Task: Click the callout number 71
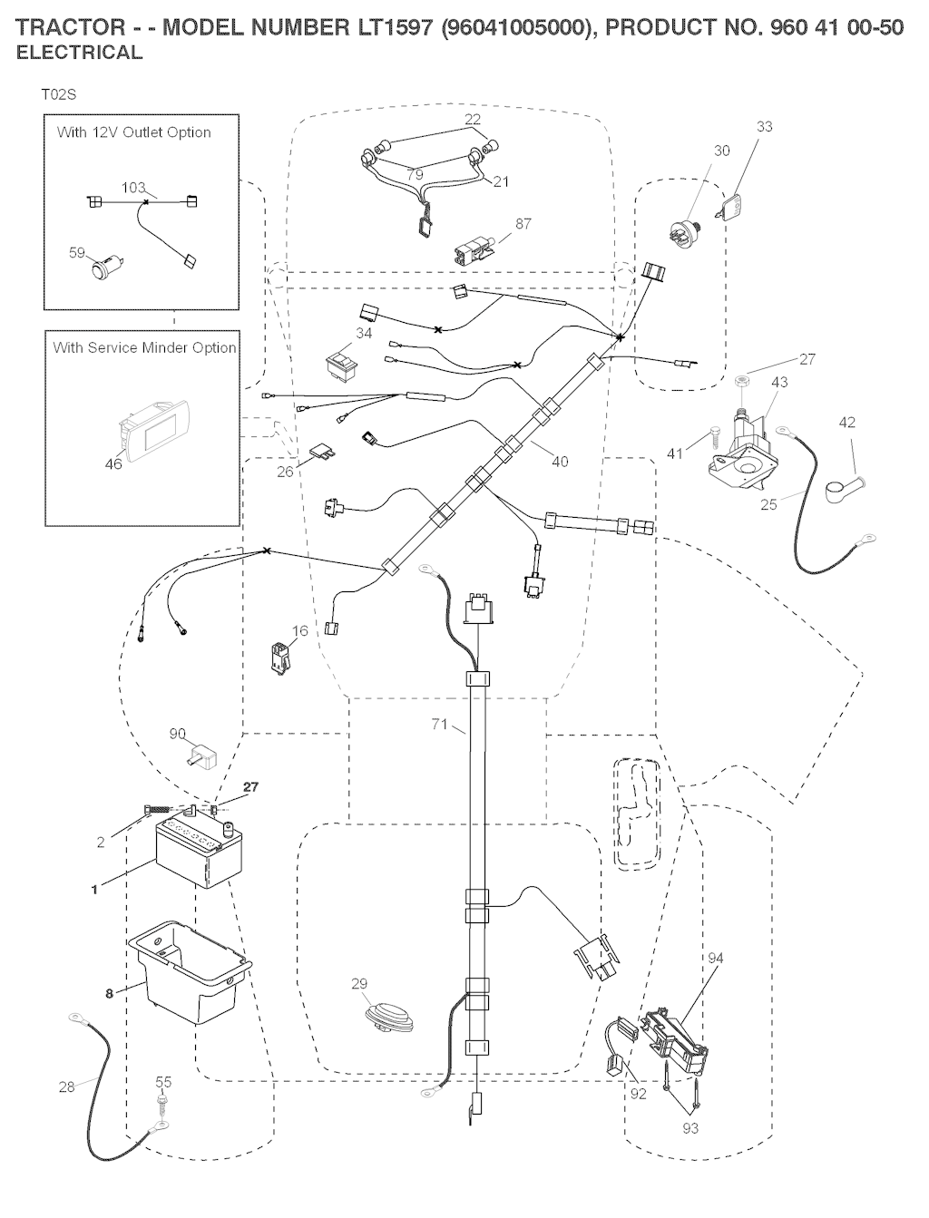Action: pos(440,724)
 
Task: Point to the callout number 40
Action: pos(560,462)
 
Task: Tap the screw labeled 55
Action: pos(161,1104)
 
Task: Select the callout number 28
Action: pos(67,1086)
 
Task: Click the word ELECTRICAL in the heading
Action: pos(80,53)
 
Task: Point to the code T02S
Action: pos(58,94)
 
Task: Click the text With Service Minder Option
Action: pos(144,347)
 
